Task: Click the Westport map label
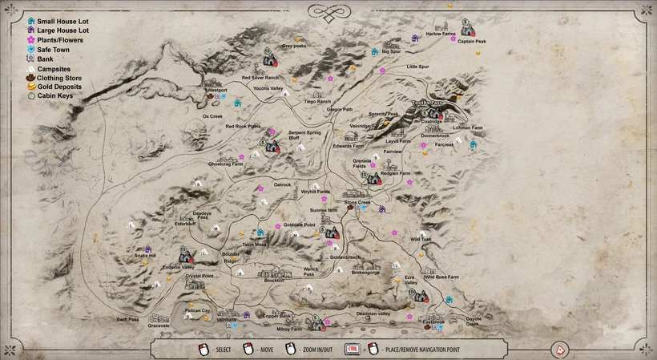[217, 91]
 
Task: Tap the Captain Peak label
[472, 42]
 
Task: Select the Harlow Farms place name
[441, 34]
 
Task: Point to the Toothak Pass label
[427, 104]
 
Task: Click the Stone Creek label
[357, 203]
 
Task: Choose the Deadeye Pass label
[202, 215]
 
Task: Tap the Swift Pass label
[128, 319]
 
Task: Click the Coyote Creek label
[474, 321]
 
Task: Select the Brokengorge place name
[365, 272]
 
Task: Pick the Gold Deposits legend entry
[58, 87]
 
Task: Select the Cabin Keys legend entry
[54, 95]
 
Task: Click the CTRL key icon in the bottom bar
[352, 349]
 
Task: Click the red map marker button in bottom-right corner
[561, 349]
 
